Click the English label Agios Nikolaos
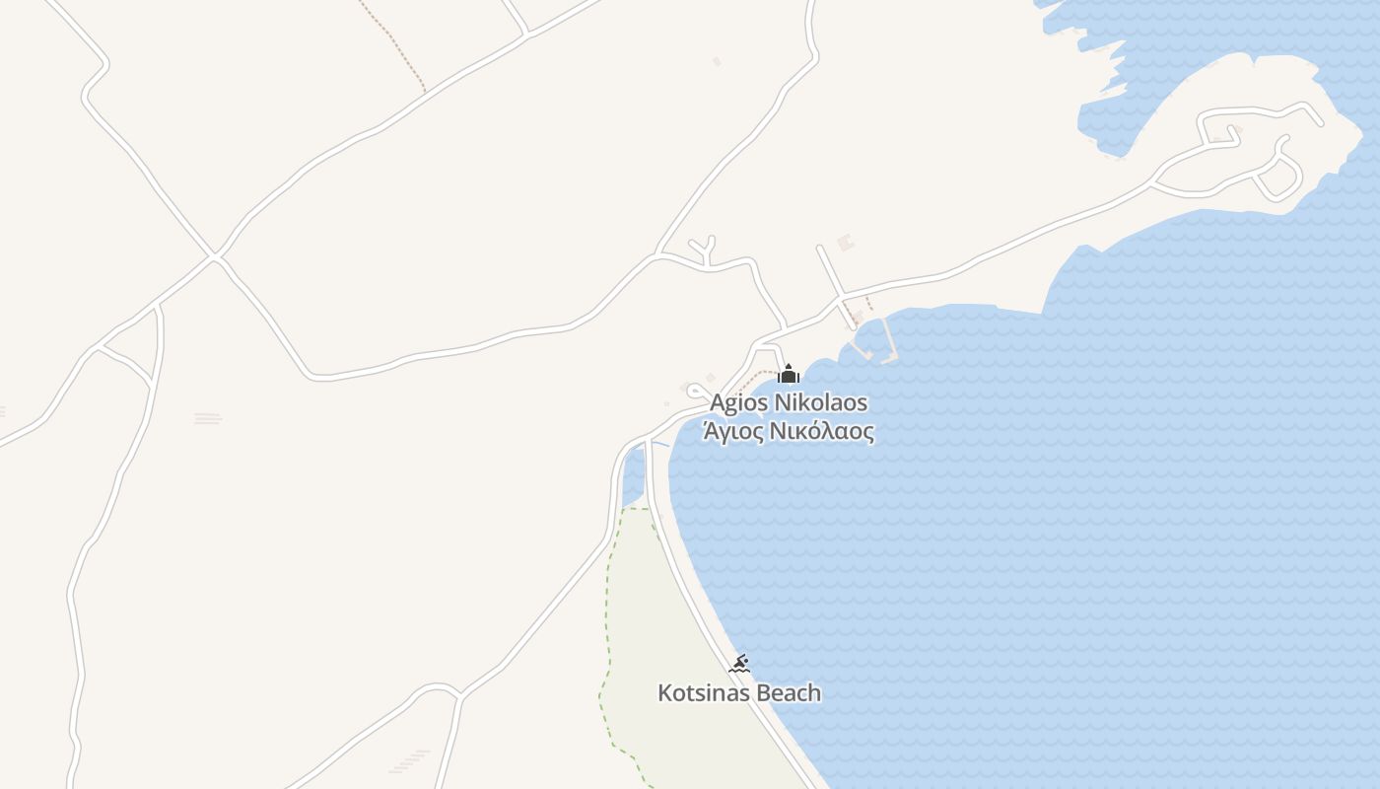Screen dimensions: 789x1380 tap(789, 403)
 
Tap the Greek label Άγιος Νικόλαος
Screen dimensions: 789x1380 tap(788, 432)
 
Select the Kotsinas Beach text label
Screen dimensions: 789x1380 tap(738, 693)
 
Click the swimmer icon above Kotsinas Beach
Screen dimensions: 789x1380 tap(739, 664)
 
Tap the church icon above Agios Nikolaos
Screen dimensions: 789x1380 tap(788, 374)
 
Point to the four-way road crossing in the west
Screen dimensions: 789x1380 tap(215, 257)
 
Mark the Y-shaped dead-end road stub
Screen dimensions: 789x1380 tap(706, 250)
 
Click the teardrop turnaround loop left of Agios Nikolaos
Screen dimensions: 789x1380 tap(696, 392)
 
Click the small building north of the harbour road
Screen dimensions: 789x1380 tap(845, 242)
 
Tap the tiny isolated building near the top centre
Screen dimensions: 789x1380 tap(717, 61)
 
